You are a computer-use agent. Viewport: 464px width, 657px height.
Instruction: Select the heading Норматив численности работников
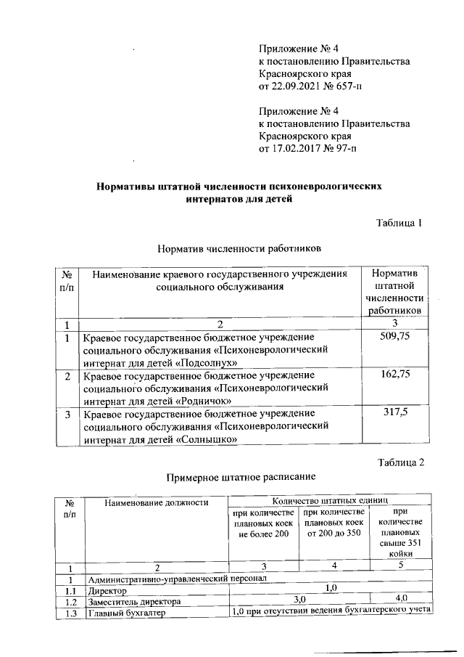point(238,248)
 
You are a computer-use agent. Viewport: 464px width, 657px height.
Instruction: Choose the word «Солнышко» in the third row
point(208,439)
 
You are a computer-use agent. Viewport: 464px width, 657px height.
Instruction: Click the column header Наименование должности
point(156,502)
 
